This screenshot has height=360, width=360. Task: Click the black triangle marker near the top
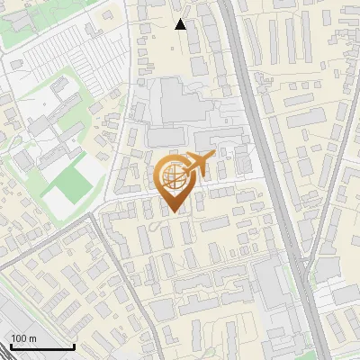(x=181, y=24)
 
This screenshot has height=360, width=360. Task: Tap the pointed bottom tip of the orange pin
(x=174, y=213)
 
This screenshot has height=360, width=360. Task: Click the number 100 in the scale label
(x=19, y=337)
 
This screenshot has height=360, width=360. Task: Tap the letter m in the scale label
(x=33, y=337)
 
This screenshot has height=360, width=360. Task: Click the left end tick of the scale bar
(x=12, y=345)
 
